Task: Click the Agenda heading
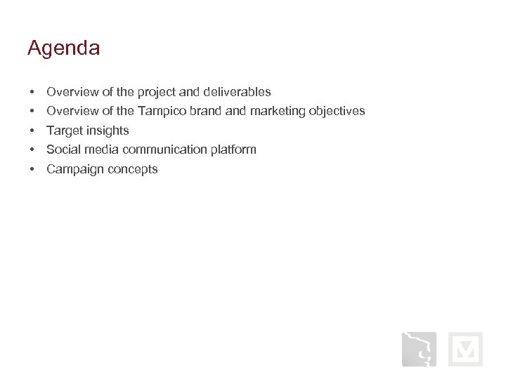click(64, 48)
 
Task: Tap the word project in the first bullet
click(157, 92)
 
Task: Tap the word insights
click(108, 131)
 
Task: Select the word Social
click(64, 149)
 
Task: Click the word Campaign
click(73, 169)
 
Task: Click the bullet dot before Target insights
click(32, 131)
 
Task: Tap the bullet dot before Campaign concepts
click(32, 169)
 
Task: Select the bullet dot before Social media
click(32, 149)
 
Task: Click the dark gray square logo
click(419, 350)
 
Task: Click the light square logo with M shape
click(465, 350)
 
